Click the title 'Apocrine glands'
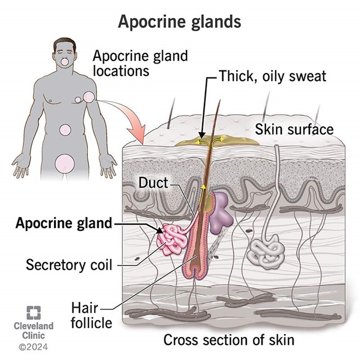pos(180,21)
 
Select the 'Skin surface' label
pos(294,129)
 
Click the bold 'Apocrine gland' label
pos(64,223)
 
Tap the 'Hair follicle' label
pos(91,315)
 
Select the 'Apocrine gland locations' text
pos(140,63)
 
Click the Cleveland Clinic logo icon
pos(34,313)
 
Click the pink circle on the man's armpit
pos(89,97)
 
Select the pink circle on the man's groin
pos(65,163)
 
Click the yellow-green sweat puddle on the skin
pos(217,140)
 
